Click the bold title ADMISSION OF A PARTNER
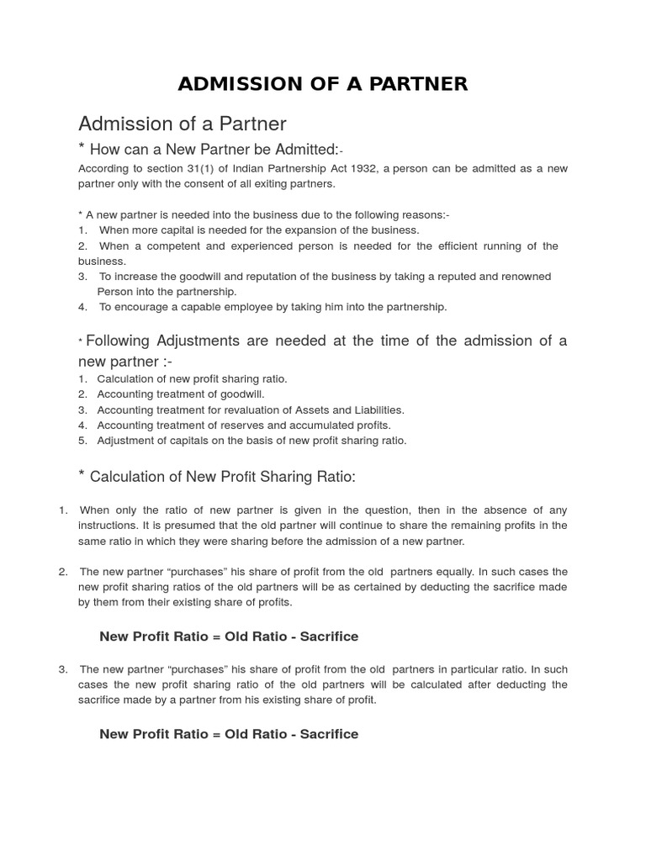click(x=322, y=84)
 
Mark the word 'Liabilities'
click(x=375, y=409)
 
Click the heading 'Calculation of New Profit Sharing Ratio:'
click(x=222, y=477)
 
